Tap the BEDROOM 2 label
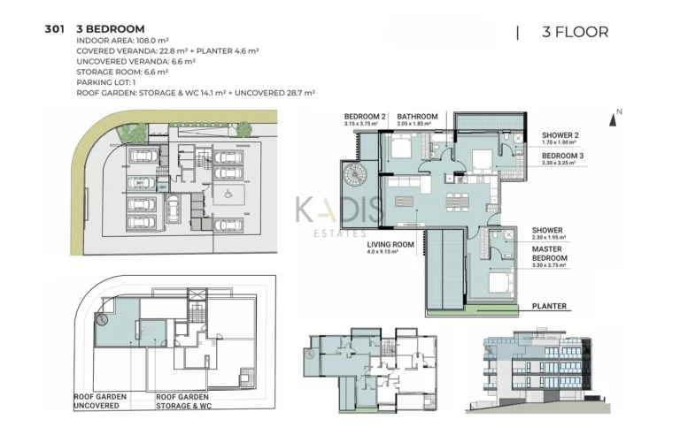366,117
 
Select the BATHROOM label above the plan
417,117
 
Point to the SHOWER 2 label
560,135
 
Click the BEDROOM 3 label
561,156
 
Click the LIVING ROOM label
390,245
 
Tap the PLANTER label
549,306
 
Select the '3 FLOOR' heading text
575,33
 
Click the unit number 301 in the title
54,29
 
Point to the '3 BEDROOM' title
111,29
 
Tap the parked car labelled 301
140,184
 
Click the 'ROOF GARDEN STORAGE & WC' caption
190,402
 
